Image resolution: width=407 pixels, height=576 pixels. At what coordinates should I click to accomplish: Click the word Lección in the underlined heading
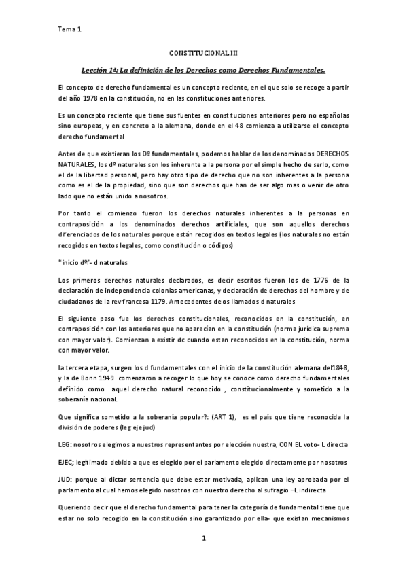pos(96,69)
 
